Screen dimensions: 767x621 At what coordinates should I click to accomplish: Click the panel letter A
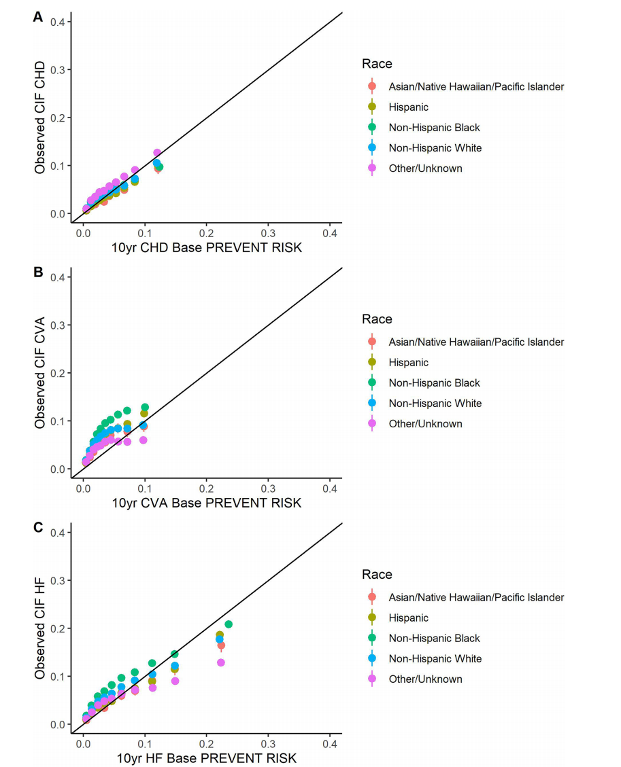pyautogui.click(x=38, y=17)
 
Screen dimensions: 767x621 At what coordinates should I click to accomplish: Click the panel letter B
pyautogui.click(x=38, y=272)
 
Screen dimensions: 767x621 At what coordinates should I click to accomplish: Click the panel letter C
pyautogui.click(x=38, y=528)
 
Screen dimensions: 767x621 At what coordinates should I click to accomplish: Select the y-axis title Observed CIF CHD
pyautogui.click(x=41, y=117)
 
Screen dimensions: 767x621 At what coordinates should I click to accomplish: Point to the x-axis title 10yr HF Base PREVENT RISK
pyautogui.click(x=207, y=758)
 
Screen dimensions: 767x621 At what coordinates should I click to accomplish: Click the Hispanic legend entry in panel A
pyautogui.click(x=408, y=107)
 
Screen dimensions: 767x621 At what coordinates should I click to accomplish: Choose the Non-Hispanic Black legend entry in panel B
pyautogui.click(x=434, y=383)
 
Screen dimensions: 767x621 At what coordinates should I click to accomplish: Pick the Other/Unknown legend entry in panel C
pyautogui.click(x=425, y=679)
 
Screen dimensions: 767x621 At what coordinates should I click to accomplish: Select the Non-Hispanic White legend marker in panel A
pyautogui.click(x=371, y=148)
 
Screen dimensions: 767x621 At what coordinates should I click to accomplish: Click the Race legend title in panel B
pyautogui.click(x=377, y=319)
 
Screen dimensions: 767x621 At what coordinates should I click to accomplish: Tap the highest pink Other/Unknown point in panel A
pyautogui.click(x=157, y=153)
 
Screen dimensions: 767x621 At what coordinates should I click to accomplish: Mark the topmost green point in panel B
pyautogui.click(x=145, y=407)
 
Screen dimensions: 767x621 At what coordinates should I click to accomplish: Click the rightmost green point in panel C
pyautogui.click(x=229, y=624)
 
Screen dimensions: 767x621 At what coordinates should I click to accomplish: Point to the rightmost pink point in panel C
pyautogui.click(x=221, y=662)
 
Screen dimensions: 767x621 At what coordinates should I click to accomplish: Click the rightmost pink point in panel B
pyautogui.click(x=144, y=440)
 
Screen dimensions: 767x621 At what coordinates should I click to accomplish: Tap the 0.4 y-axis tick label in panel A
pyautogui.click(x=57, y=22)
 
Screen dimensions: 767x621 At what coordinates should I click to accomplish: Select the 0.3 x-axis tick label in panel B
pyautogui.click(x=268, y=487)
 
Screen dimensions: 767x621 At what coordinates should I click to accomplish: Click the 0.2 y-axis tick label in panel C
pyautogui.click(x=57, y=628)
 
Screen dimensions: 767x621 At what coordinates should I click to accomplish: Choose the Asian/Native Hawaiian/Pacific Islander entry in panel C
pyautogui.click(x=476, y=598)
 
